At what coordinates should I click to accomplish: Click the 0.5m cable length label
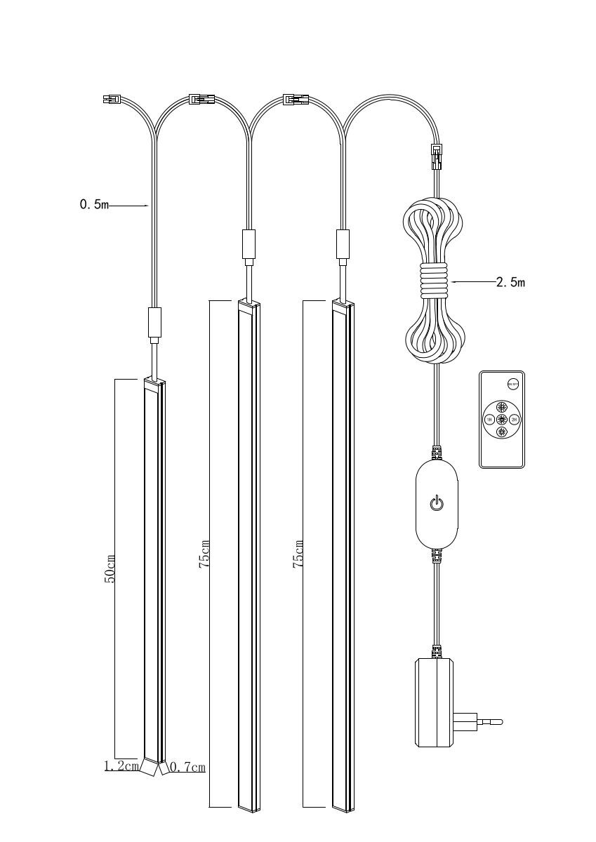click(95, 206)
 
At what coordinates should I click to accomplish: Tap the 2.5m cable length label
click(510, 283)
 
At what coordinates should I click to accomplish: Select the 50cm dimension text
click(110, 567)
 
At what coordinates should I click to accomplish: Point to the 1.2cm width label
click(121, 767)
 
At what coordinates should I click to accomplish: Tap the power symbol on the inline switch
click(436, 503)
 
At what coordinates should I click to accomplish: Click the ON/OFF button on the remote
click(512, 383)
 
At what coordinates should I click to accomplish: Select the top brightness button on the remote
click(502, 407)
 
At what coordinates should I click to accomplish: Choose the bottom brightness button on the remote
click(502, 432)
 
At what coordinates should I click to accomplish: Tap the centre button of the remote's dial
click(502, 420)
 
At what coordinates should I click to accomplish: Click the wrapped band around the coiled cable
click(435, 283)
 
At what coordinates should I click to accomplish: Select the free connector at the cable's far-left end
click(111, 100)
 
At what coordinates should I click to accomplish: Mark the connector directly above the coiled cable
click(435, 154)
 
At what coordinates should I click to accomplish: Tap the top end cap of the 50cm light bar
click(154, 382)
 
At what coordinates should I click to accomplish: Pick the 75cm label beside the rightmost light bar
click(299, 554)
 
